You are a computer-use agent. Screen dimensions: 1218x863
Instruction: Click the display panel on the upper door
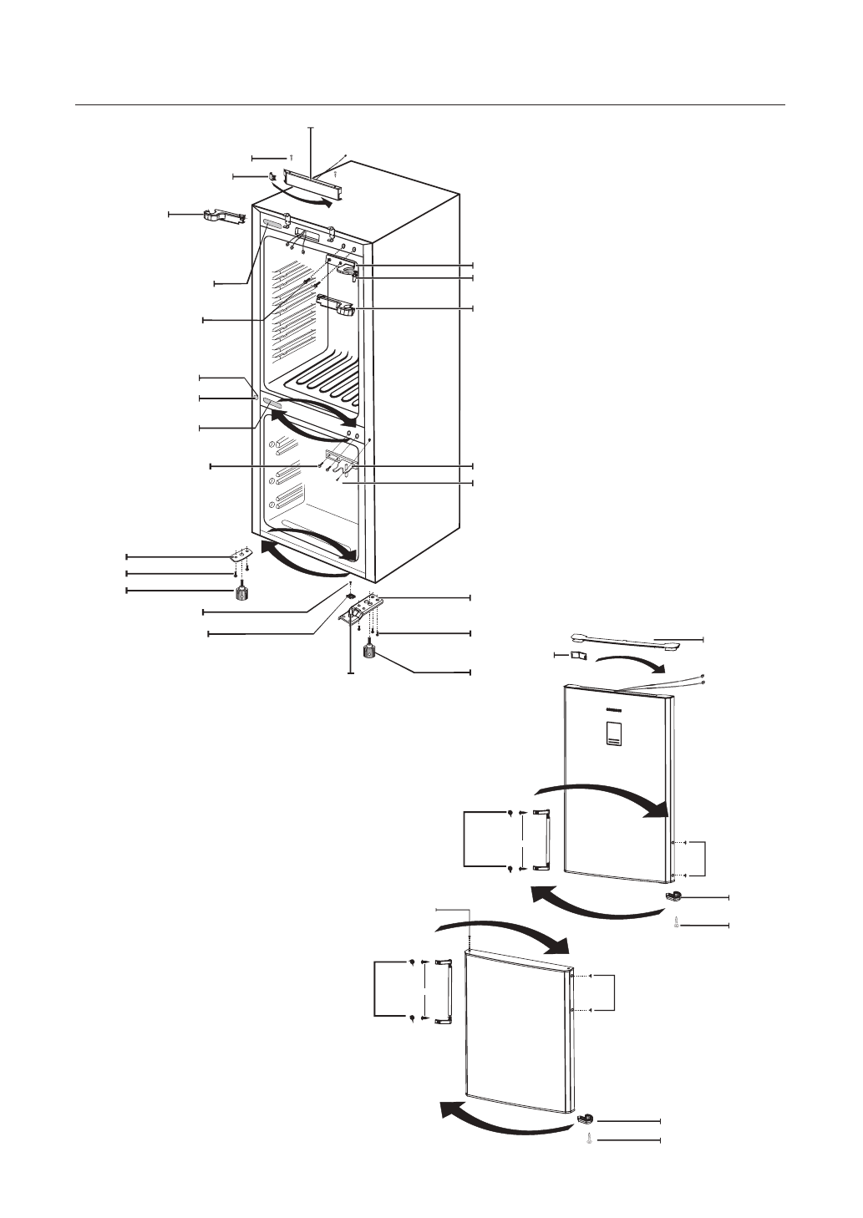(x=612, y=733)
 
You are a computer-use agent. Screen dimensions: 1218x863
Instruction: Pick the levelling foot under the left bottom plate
(x=241, y=592)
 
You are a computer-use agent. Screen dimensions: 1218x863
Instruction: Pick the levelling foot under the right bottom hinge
(x=368, y=648)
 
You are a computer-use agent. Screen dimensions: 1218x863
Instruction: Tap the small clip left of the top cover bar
(x=272, y=177)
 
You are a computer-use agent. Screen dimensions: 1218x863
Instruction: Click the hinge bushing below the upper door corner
(x=675, y=897)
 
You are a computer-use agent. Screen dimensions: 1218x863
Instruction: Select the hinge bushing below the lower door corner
(x=588, y=1119)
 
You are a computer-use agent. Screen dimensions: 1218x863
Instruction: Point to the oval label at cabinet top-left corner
(x=272, y=225)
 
